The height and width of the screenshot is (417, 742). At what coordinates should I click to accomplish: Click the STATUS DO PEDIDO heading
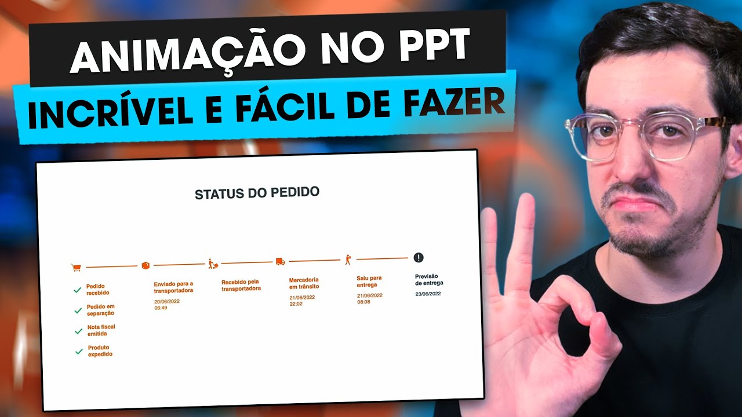257,193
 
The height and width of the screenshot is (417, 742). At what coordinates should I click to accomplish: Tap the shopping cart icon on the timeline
75,268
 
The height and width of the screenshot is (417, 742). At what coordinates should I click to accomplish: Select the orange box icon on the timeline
146,265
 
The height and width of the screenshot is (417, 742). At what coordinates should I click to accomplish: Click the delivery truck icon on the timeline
281,261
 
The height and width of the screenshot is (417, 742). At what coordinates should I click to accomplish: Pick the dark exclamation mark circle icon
419,258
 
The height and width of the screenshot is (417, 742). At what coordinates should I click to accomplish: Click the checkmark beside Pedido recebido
78,290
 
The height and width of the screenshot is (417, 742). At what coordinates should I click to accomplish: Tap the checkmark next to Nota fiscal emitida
78,331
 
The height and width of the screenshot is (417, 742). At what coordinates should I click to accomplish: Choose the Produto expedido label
100,351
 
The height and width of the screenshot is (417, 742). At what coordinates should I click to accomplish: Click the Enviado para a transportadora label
173,287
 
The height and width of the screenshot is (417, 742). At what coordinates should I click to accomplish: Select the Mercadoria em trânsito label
304,283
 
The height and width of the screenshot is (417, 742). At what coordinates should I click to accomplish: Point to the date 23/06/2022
428,294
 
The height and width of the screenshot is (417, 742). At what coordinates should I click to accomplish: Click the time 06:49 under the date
161,308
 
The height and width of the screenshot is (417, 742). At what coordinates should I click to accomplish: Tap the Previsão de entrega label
429,280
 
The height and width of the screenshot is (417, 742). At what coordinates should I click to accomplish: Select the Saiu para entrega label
370,281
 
